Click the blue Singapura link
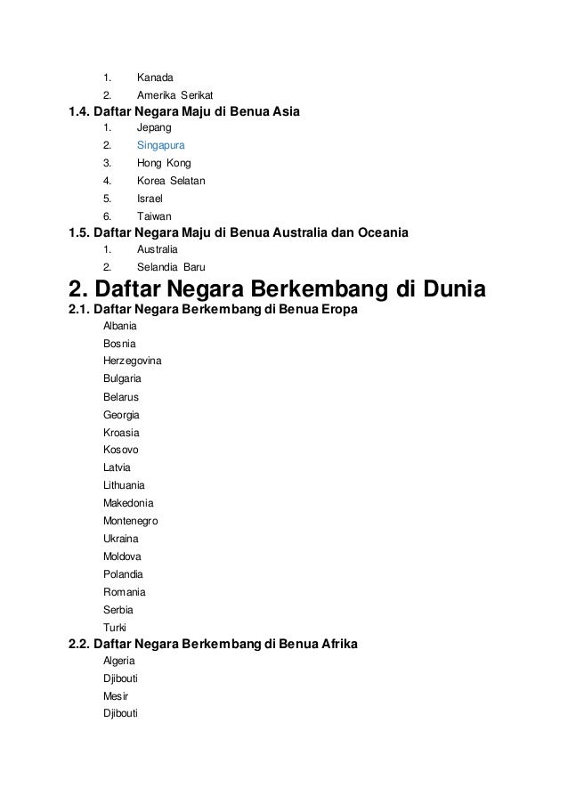161,146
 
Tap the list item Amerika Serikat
174,95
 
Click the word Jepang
155,128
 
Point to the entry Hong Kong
163,164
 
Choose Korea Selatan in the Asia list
171,182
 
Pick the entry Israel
150,199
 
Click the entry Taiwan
154,216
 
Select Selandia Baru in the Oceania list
170,266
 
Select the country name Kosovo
121,450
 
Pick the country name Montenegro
130,521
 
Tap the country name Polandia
123,574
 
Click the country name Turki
115,627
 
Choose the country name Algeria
119,661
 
